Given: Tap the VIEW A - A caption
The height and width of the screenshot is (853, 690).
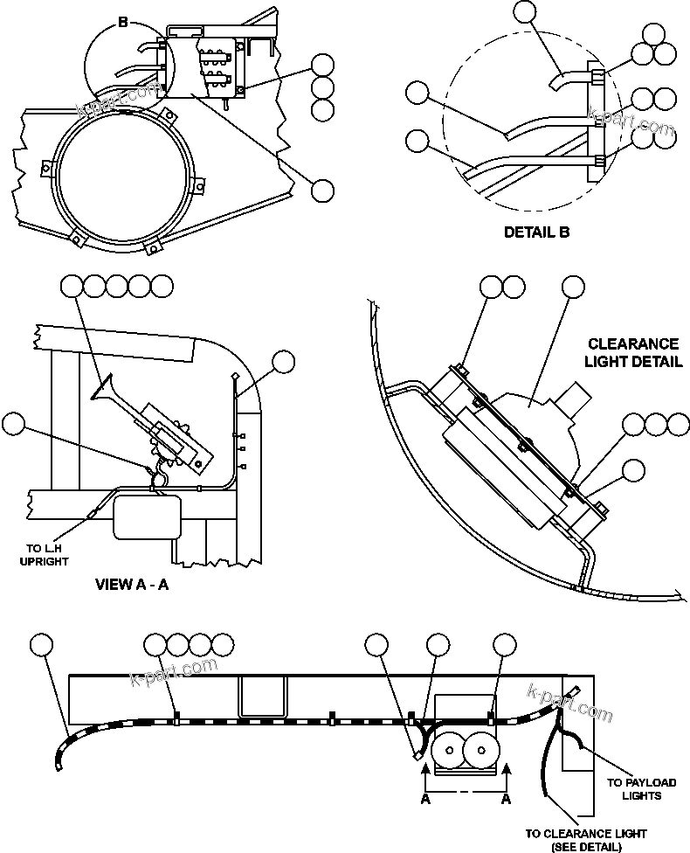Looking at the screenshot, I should pos(131,584).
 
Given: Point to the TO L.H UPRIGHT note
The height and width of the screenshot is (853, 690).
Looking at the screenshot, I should pos(44,554).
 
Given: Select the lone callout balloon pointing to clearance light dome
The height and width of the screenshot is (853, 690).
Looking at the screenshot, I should pos(573,287).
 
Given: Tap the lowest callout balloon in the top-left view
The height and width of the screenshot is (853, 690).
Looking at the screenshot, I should pos(323,190).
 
